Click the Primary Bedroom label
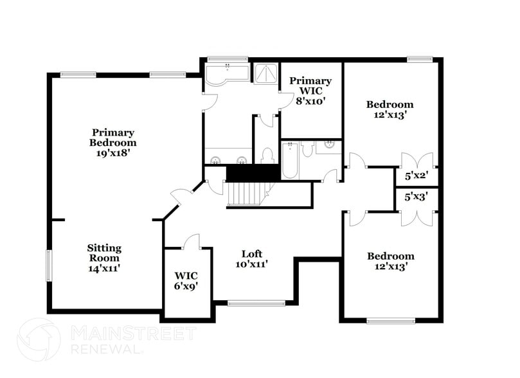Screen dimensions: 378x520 pos(113,138)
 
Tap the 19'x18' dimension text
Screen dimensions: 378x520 pos(113,153)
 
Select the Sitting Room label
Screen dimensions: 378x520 pos(104,253)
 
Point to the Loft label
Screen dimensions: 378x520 pos(252,253)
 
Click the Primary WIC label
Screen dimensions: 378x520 pos(310,85)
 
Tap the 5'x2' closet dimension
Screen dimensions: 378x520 pos(417,174)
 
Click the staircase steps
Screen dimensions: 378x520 pos(247,193)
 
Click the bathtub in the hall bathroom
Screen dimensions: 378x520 pos(289,161)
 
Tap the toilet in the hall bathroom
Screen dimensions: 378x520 pos(307,150)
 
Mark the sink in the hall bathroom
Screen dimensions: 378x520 pos(328,145)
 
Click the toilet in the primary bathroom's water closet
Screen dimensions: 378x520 pos(267,156)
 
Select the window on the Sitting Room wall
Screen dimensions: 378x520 pos(49,265)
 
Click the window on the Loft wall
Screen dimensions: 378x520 pos(256,303)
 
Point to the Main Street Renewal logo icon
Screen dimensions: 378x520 pos(39,339)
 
